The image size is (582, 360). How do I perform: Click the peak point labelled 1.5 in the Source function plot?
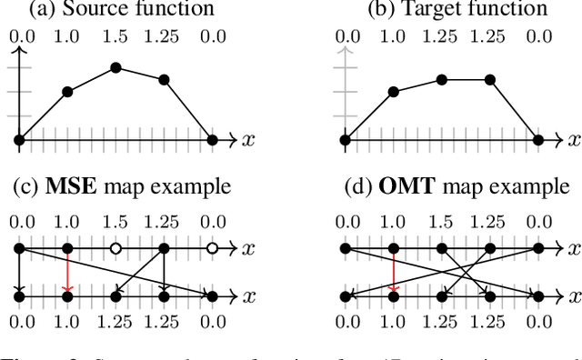115,68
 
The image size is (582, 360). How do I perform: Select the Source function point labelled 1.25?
164,80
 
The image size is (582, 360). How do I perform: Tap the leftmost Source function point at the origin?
19,140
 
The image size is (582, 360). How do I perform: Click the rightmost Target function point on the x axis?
538,140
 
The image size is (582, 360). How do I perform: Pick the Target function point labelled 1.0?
393,92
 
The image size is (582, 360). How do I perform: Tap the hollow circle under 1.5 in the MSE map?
115,247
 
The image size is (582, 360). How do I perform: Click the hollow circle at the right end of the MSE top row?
212,247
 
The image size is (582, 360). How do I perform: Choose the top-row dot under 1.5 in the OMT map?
442,247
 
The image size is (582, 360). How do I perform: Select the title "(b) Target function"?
444,9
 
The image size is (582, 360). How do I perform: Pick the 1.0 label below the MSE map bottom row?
67,320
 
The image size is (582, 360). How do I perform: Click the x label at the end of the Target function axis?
573,140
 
